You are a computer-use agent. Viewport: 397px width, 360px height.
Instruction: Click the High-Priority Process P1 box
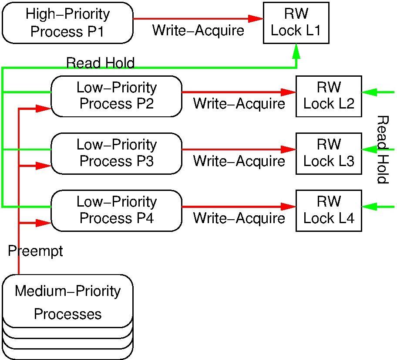click(x=67, y=23)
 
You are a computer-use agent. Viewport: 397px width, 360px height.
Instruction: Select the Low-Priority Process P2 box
click(x=116, y=96)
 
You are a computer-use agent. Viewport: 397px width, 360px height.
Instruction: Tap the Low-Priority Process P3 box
click(x=116, y=153)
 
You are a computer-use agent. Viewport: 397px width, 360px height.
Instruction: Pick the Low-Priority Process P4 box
click(x=116, y=210)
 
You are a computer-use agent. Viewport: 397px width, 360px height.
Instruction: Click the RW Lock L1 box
click(x=296, y=22)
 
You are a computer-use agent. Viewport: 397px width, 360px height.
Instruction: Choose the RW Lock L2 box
click(x=329, y=96)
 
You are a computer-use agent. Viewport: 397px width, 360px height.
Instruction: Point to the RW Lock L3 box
click(x=329, y=153)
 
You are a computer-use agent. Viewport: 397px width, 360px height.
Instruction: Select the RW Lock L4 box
click(x=329, y=210)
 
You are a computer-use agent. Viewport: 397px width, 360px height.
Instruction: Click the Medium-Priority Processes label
click(x=67, y=302)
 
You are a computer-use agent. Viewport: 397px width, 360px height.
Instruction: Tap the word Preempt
click(x=35, y=251)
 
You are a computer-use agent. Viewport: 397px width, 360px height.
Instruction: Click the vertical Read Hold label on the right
click(x=382, y=149)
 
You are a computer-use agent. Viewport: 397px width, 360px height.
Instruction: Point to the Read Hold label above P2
click(x=100, y=63)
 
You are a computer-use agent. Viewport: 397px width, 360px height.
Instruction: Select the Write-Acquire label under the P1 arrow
click(x=198, y=31)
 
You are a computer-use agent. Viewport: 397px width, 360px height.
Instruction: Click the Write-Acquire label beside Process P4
click(x=239, y=218)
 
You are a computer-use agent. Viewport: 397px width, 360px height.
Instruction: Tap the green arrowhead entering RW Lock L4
click(x=369, y=207)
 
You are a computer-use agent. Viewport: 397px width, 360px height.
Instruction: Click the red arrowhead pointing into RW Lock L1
click(x=256, y=19)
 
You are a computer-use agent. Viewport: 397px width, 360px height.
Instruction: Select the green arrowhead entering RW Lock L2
click(x=369, y=92)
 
